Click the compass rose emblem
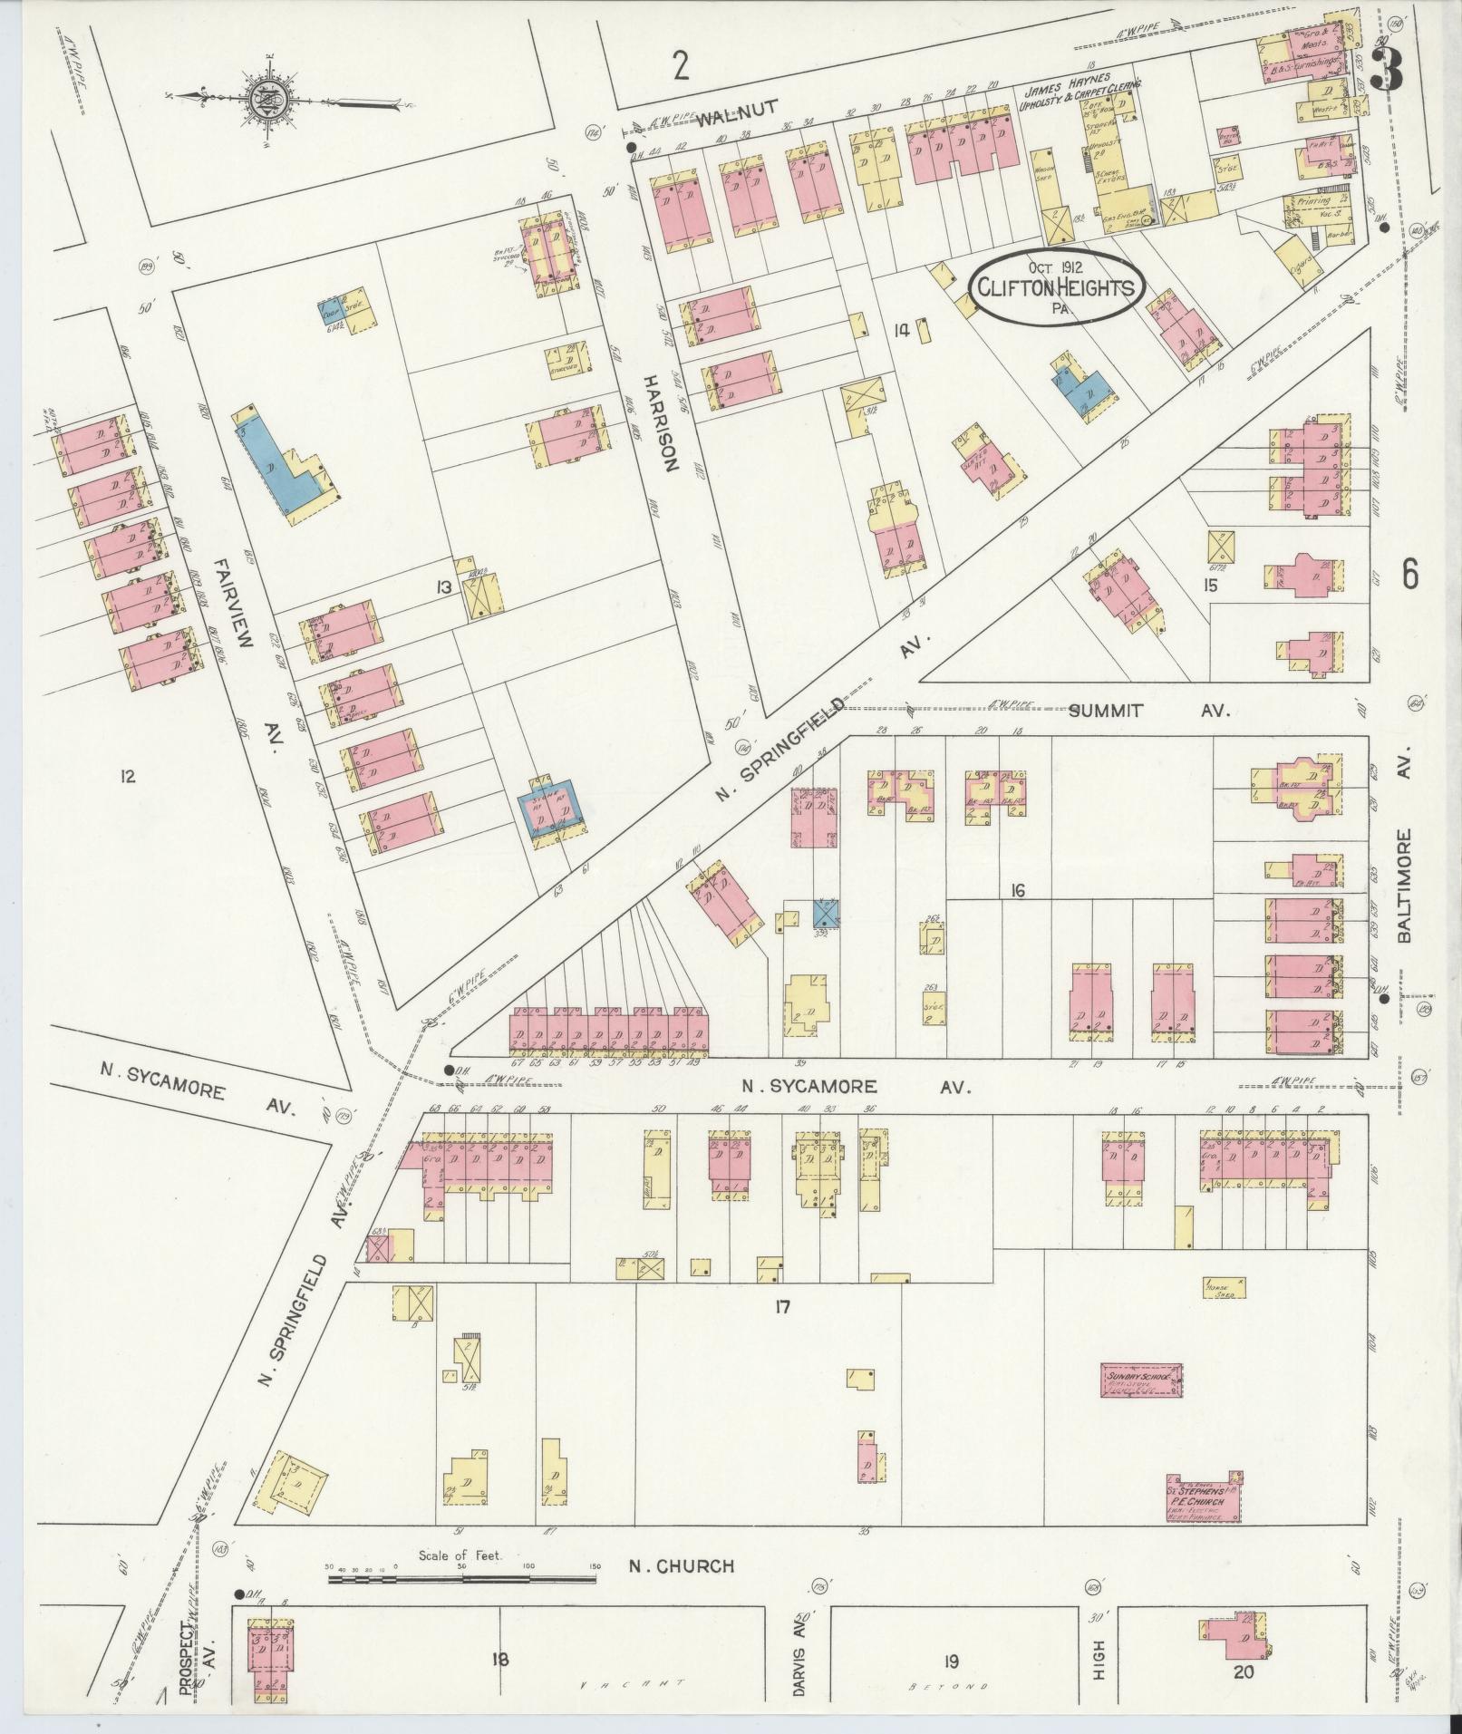(269, 100)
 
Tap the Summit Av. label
(1146, 712)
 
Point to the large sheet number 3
(1385, 69)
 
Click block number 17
(783, 1306)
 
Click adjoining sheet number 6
(1410, 573)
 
